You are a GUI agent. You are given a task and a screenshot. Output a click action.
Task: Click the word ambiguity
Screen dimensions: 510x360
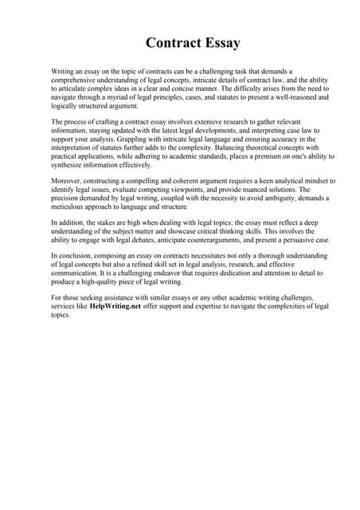(x=271, y=198)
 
